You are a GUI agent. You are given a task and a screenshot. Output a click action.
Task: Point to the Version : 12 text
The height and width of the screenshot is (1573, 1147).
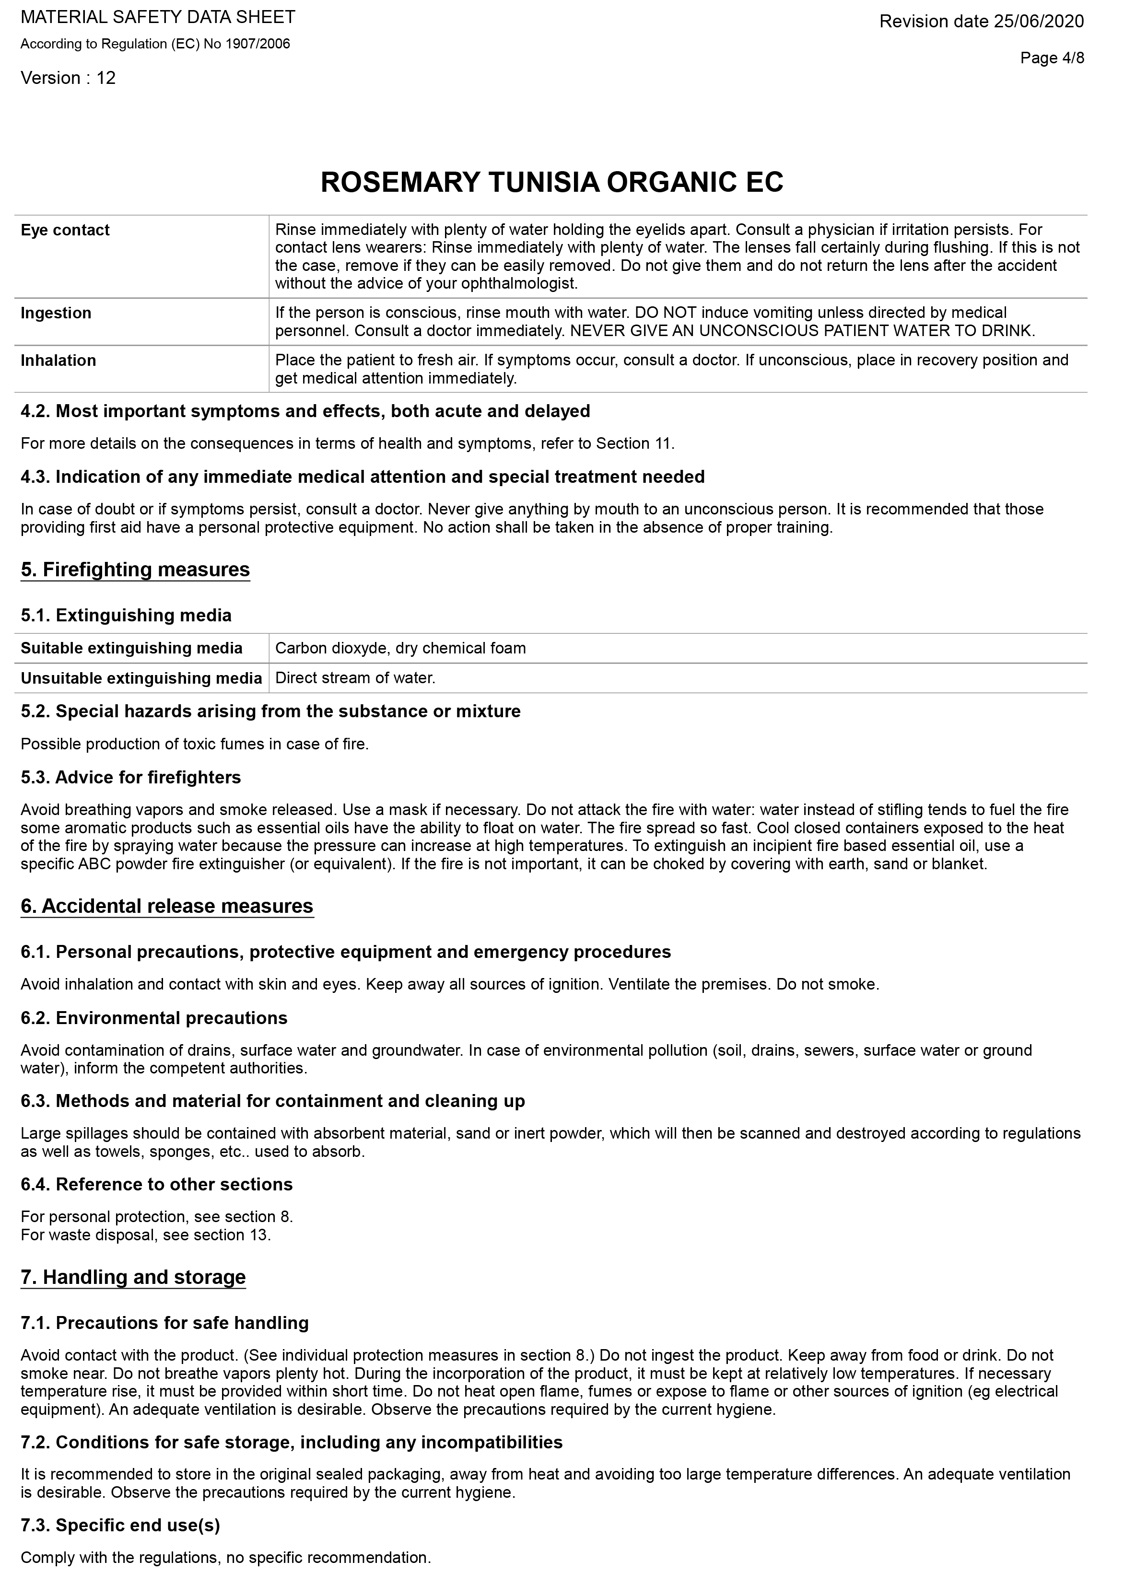point(68,78)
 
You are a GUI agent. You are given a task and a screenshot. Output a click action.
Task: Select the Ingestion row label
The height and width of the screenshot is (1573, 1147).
point(56,313)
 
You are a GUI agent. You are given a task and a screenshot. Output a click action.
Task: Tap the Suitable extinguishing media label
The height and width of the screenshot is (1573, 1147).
point(132,648)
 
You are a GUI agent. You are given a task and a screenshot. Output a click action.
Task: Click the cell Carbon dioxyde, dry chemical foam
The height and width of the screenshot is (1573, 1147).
point(400,648)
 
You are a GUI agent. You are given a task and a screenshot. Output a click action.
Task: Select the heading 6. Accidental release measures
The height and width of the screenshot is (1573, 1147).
point(167,906)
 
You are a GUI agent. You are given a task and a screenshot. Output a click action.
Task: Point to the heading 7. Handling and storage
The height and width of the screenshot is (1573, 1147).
point(133,1277)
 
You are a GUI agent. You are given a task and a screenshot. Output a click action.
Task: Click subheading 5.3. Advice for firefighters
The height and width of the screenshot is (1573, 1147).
point(130,778)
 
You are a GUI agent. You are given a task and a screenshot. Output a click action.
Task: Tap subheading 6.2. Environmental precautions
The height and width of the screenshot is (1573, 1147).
point(154,1018)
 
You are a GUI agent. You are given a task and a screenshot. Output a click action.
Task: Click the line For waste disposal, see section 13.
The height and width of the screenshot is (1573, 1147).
point(146,1235)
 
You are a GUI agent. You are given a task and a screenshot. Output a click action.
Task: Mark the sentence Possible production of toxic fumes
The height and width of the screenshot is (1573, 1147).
point(194,744)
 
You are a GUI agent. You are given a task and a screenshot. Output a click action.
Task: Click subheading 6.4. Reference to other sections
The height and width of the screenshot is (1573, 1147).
point(157,1184)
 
